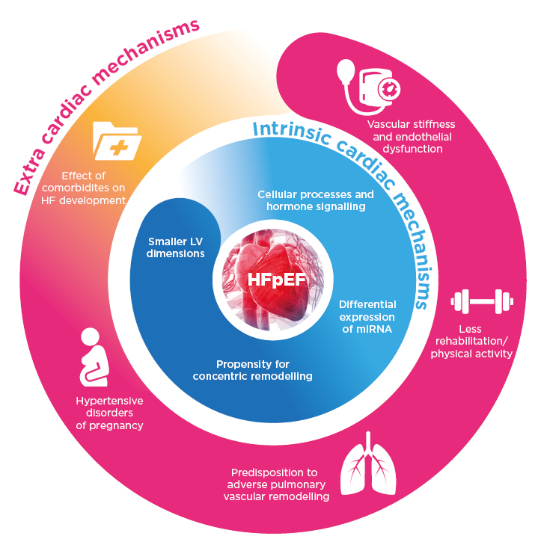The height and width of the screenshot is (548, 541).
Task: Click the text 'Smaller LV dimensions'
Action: click(176, 247)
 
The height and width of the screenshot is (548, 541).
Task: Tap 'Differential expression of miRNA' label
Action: click(367, 316)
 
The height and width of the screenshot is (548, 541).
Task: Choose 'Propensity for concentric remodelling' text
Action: click(252, 369)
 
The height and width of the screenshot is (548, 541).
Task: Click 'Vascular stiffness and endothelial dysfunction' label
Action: click(411, 136)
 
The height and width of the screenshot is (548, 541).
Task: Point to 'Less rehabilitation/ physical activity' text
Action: click(471, 341)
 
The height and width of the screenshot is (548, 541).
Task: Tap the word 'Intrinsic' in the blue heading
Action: click(284, 129)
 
